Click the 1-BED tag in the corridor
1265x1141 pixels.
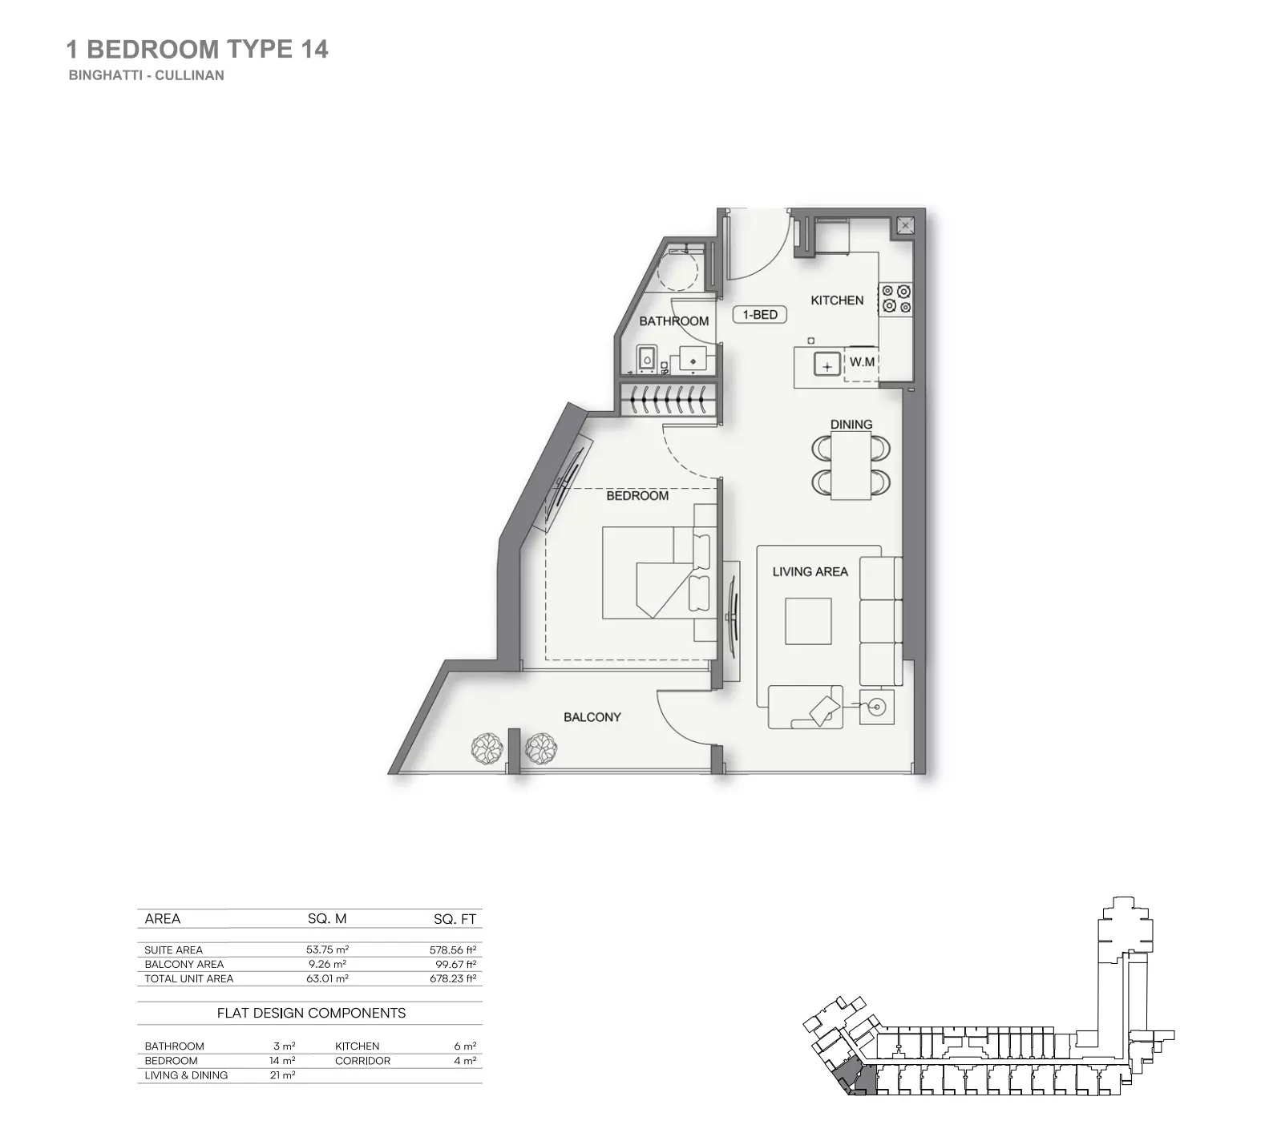(760, 315)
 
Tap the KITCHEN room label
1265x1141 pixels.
(837, 300)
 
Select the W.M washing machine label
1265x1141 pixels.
(862, 362)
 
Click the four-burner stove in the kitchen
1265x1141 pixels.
(896, 299)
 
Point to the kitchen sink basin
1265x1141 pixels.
(826, 365)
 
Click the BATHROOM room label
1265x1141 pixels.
(673, 321)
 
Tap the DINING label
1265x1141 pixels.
(851, 425)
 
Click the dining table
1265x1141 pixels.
(851, 466)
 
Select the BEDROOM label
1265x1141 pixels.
(637, 496)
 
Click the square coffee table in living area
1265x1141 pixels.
(808, 621)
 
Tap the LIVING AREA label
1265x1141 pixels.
(810, 572)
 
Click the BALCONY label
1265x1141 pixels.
(592, 717)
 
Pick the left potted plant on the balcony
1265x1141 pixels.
(487, 749)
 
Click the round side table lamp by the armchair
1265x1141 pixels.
(876, 707)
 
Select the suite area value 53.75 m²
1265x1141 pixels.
(327, 949)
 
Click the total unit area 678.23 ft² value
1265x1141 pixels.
(453, 978)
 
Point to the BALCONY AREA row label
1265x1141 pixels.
(184, 964)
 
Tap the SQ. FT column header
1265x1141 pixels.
(455, 919)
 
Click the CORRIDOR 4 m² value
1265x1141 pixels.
(465, 1061)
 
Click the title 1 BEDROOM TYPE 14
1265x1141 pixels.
(197, 50)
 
